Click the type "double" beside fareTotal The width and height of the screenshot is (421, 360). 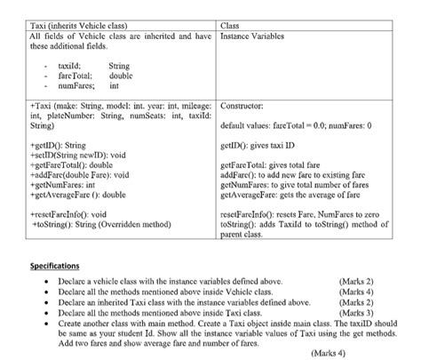coord(121,76)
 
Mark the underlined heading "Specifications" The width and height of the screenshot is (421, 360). coord(55,266)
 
